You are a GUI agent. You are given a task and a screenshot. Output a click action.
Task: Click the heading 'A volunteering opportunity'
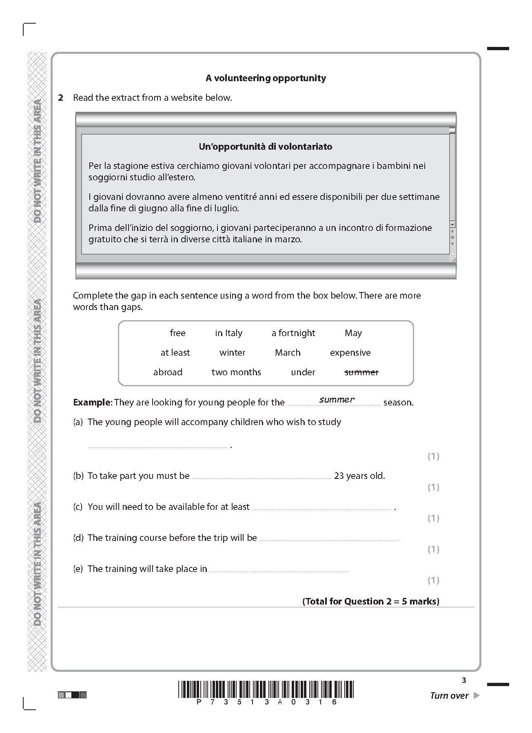coord(266,78)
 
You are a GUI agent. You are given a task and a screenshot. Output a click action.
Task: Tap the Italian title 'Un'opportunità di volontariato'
coord(265,147)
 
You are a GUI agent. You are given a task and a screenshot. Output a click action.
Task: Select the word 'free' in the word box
coord(177,333)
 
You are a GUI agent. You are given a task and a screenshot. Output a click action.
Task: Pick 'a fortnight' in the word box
coord(293,333)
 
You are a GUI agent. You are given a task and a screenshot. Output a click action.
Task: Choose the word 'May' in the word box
coord(353,333)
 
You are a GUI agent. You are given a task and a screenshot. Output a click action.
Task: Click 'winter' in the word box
coord(232,353)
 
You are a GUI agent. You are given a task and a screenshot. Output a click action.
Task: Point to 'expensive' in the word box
coord(350,353)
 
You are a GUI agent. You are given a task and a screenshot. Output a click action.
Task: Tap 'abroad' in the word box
coord(168,372)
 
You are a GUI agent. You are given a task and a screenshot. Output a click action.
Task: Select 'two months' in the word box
coord(236,372)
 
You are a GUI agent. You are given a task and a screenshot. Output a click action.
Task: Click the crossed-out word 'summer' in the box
coord(361,372)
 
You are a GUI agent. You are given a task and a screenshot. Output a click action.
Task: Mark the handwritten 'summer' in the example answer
coord(337,400)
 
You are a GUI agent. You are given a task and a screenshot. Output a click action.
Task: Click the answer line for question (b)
coord(261,477)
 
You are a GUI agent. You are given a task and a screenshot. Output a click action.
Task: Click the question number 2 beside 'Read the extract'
coord(61,98)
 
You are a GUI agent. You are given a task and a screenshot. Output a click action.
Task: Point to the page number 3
coord(463,680)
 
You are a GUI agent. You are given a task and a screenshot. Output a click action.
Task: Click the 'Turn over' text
coord(449,695)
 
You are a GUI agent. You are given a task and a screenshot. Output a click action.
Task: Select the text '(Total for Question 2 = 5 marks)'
coord(370,601)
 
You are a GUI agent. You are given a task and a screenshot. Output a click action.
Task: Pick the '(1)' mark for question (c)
coord(433,518)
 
